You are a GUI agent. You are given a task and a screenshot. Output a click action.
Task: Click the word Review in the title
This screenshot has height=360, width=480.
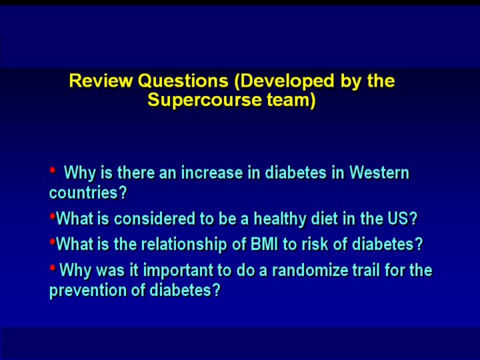101,81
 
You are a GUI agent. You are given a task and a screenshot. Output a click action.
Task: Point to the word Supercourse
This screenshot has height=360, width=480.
205,100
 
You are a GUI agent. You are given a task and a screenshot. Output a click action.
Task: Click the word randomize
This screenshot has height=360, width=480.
309,270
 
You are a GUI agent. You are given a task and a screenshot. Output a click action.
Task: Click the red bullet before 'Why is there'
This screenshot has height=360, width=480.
53,169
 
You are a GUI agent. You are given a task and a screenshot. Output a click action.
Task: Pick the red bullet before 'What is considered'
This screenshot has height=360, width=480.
53,217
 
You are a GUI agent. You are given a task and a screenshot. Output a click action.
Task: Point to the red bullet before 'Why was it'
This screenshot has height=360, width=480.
53,268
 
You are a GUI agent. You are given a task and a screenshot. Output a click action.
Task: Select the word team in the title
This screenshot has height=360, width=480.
291,101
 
